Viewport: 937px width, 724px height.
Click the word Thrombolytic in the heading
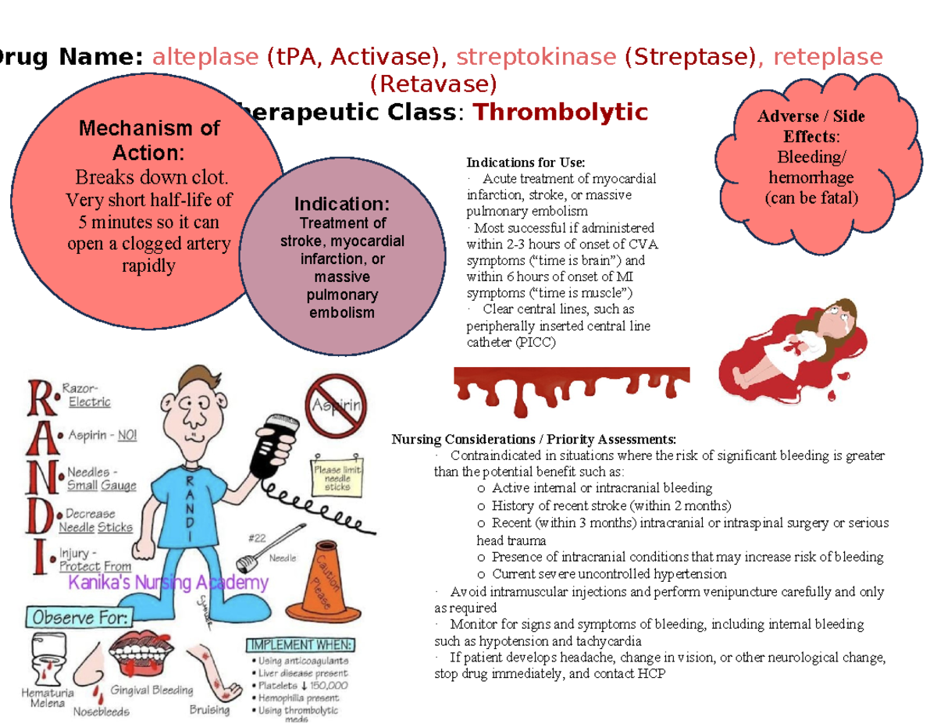[x=561, y=113]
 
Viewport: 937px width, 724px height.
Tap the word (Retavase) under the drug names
[x=433, y=83]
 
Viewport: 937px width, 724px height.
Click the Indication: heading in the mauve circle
[x=341, y=205]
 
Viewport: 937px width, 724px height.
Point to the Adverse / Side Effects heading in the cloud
[x=811, y=124]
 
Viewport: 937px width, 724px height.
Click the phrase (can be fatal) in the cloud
[x=811, y=198]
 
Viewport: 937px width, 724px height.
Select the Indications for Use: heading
[x=526, y=162]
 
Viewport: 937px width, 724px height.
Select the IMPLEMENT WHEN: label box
[x=301, y=645]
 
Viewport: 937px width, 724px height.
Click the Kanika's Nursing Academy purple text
[x=169, y=583]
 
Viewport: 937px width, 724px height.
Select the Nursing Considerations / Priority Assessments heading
[x=534, y=438]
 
